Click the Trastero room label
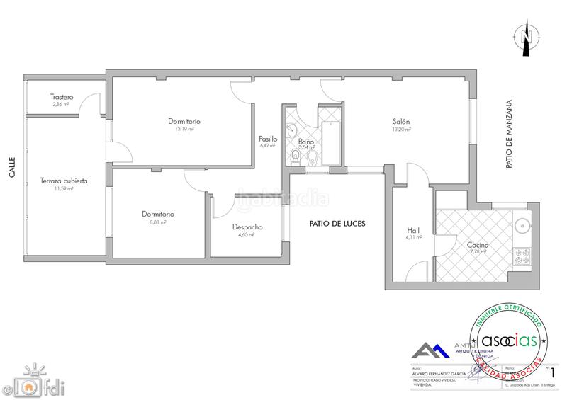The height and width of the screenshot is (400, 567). (x=62, y=97)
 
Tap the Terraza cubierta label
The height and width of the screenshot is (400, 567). (x=64, y=181)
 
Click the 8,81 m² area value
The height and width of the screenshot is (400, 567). (x=157, y=222)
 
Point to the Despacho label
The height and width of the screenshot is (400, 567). (x=247, y=227)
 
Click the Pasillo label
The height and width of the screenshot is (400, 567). (x=268, y=139)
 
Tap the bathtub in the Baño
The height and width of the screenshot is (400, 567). (x=330, y=144)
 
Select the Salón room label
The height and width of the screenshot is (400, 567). (x=401, y=122)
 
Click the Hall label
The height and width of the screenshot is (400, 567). (x=413, y=230)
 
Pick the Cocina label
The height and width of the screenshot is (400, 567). (x=478, y=246)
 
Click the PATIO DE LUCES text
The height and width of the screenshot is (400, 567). (x=337, y=223)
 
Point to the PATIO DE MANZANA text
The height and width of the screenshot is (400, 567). (x=508, y=134)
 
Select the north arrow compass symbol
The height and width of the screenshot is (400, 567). (x=526, y=35)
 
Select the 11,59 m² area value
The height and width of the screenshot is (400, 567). (x=64, y=188)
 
